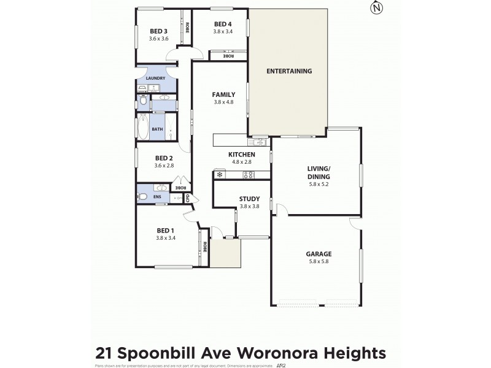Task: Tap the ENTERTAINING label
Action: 289,71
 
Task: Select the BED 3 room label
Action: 158,32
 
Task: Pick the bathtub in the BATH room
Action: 142,126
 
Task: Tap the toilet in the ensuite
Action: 142,197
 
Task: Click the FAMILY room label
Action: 223,94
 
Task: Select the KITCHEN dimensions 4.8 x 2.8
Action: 241,162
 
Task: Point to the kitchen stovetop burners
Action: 249,175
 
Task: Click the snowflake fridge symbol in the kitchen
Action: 220,175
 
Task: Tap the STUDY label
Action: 249,199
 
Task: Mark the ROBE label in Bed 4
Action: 228,56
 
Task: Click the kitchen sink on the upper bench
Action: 261,142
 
